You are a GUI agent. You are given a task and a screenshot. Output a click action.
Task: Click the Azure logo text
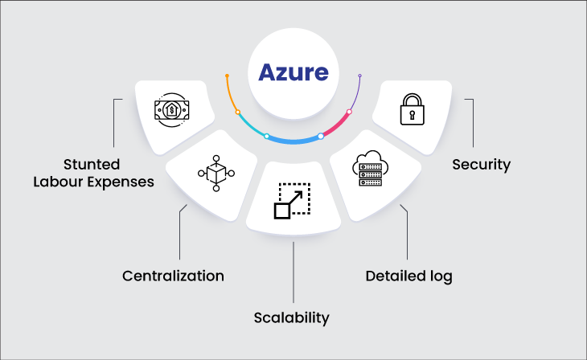point(293,72)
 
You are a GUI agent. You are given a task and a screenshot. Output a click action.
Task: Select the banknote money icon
point(172,108)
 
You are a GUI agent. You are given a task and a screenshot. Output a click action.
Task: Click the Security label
point(481,165)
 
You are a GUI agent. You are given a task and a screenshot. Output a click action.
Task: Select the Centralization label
point(173,276)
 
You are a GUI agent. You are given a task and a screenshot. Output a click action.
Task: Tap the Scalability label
point(293,317)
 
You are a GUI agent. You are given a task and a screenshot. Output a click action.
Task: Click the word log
point(441,276)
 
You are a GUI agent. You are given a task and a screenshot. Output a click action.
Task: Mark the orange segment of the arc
point(231,96)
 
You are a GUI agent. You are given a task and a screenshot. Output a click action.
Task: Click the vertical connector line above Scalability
point(293,269)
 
